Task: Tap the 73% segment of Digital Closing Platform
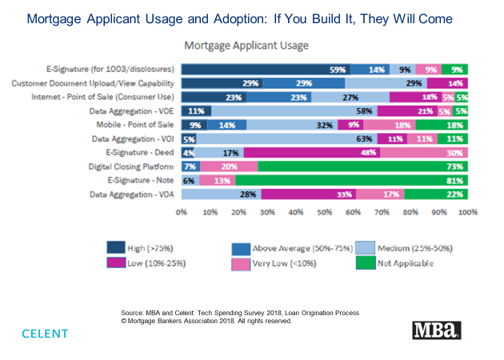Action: coord(364,166)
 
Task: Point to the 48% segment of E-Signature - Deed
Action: coord(313,152)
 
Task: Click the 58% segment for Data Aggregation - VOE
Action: coord(294,111)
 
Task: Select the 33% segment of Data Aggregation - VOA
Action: coord(309,194)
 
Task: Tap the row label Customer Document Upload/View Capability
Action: coord(94,83)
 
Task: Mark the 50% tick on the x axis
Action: coord(325,213)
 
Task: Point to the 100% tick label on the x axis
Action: coord(468,213)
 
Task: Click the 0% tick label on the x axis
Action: coord(182,213)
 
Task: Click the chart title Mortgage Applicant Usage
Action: coord(246,46)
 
